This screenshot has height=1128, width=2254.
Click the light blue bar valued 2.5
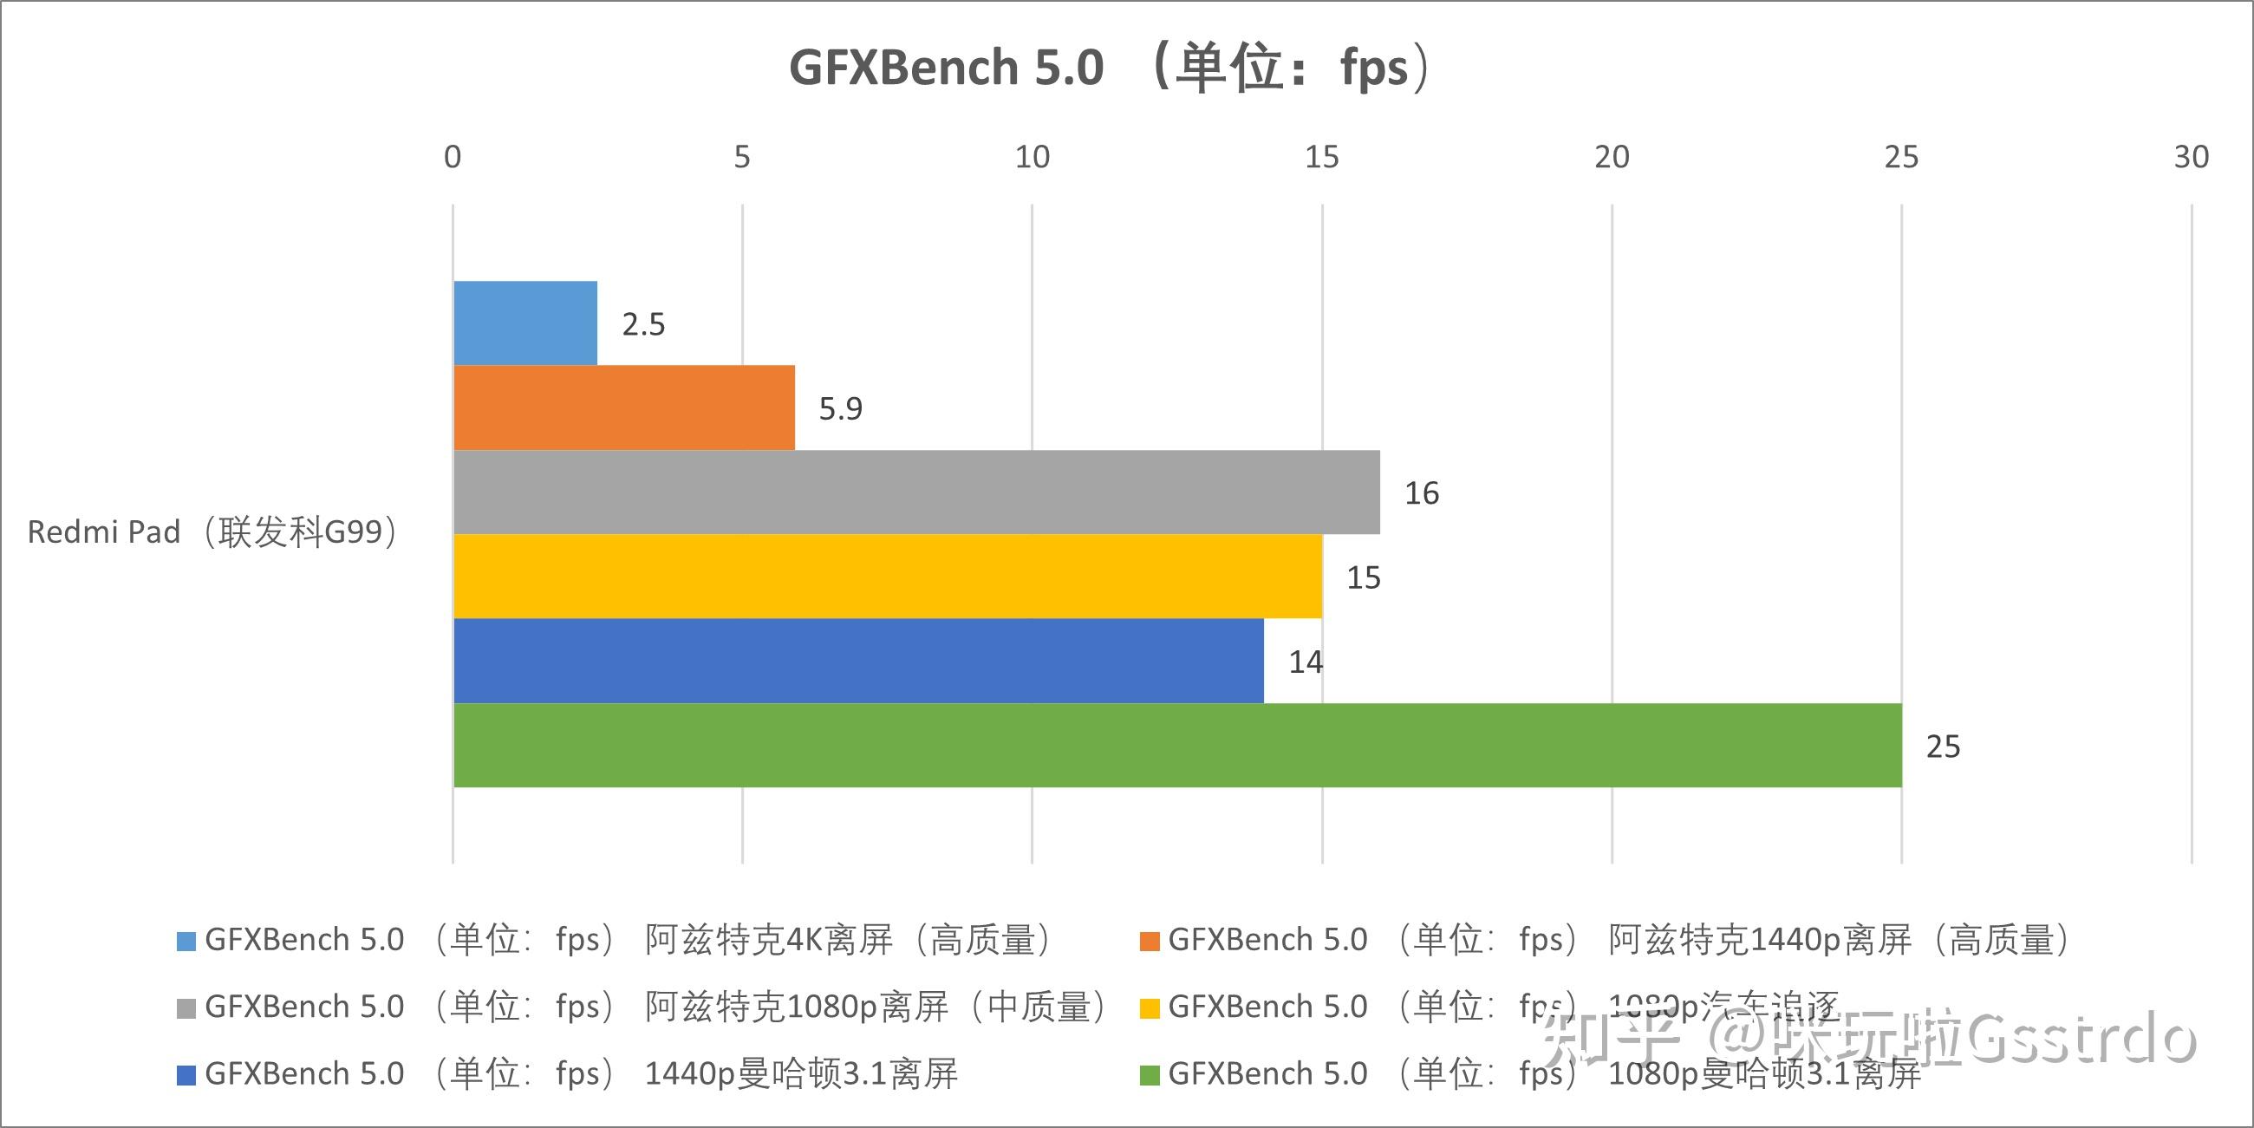pyautogui.click(x=525, y=323)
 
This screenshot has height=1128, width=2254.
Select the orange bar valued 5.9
pyautogui.click(x=624, y=408)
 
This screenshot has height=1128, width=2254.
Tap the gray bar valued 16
pyautogui.click(x=916, y=492)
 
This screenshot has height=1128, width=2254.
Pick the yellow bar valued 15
pyautogui.click(x=887, y=576)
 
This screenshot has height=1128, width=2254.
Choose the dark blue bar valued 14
pyautogui.click(x=858, y=661)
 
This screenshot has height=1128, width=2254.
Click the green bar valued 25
pyautogui.click(x=1177, y=745)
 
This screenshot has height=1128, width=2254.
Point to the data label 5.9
pyautogui.click(x=840, y=408)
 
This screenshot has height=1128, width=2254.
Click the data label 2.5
pyautogui.click(x=643, y=324)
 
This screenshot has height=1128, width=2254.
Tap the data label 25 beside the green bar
pyautogui.click(x=1943, y=747)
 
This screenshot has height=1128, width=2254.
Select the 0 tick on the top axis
pyautogui.click(x=453, y=158)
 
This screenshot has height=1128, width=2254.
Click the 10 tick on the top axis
pyautogui.click(x=1032, y=158)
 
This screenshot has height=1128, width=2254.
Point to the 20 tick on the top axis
pyautogui.click(x=1612, y=158)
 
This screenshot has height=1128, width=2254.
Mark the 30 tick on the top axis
pyautogui.click(x=2191, y=158)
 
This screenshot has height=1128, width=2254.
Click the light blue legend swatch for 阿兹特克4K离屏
pyautogui.click(x=186, y=941)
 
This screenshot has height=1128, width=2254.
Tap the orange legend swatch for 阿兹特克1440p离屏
pyautogui.click(x=1150, y=941)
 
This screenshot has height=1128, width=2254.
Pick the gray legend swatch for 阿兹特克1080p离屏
pyautogui.click(x=186, y=1008)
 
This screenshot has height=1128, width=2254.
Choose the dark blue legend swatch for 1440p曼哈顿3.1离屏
pyautogui.click(x=186, y=1074)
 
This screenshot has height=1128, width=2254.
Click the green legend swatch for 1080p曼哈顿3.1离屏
pyautogui.click(x=1150, y=1074)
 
